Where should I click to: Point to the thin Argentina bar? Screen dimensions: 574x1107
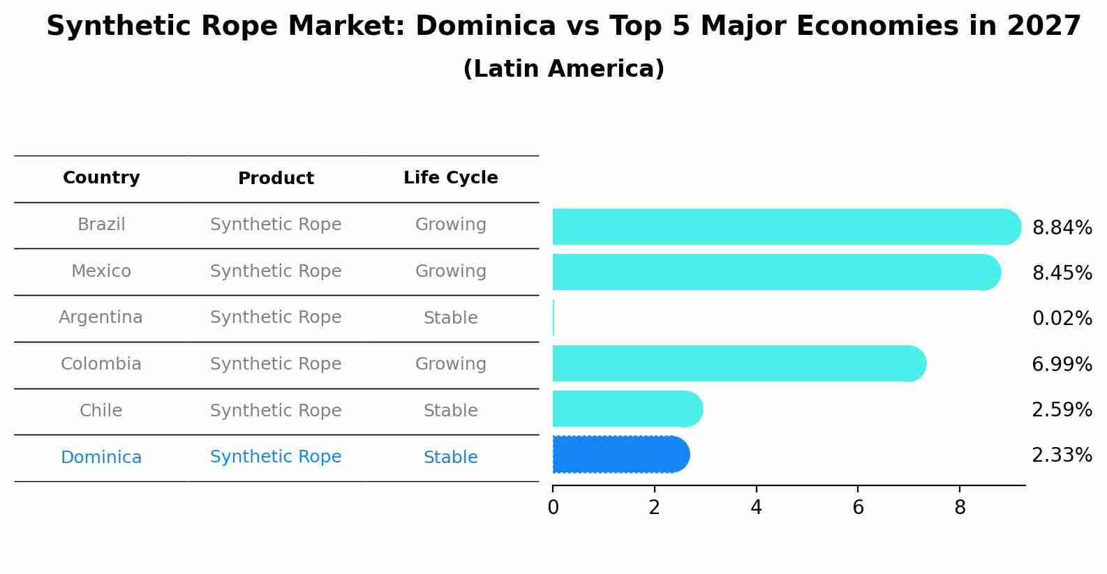[553, 318]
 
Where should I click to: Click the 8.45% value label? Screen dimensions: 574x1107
[1062, 273]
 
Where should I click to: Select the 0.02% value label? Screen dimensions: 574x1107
[1062, 319]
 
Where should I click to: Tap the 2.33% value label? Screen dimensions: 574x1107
[1062, 455]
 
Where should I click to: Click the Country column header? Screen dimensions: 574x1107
[101, 178]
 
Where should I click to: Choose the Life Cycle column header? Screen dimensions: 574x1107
[450, 178]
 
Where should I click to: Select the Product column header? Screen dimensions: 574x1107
[276, 179]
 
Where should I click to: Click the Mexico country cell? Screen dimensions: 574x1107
[101, 271]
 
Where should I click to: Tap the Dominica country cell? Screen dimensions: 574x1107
[101, 458]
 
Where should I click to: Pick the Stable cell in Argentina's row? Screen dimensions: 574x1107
[450, 318]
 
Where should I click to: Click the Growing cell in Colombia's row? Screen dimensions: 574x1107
[450, 364]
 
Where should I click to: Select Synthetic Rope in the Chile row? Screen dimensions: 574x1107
[276, 411]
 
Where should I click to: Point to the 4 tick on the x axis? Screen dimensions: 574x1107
[756, 507]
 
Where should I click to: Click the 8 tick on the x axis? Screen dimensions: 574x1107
[960, 507]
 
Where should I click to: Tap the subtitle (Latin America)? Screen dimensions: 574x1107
[563, 69]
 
